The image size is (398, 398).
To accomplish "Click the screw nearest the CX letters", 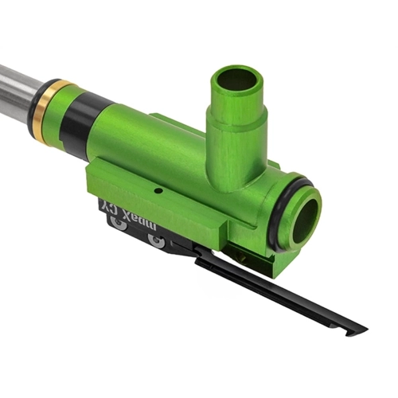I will pos(120,225).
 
